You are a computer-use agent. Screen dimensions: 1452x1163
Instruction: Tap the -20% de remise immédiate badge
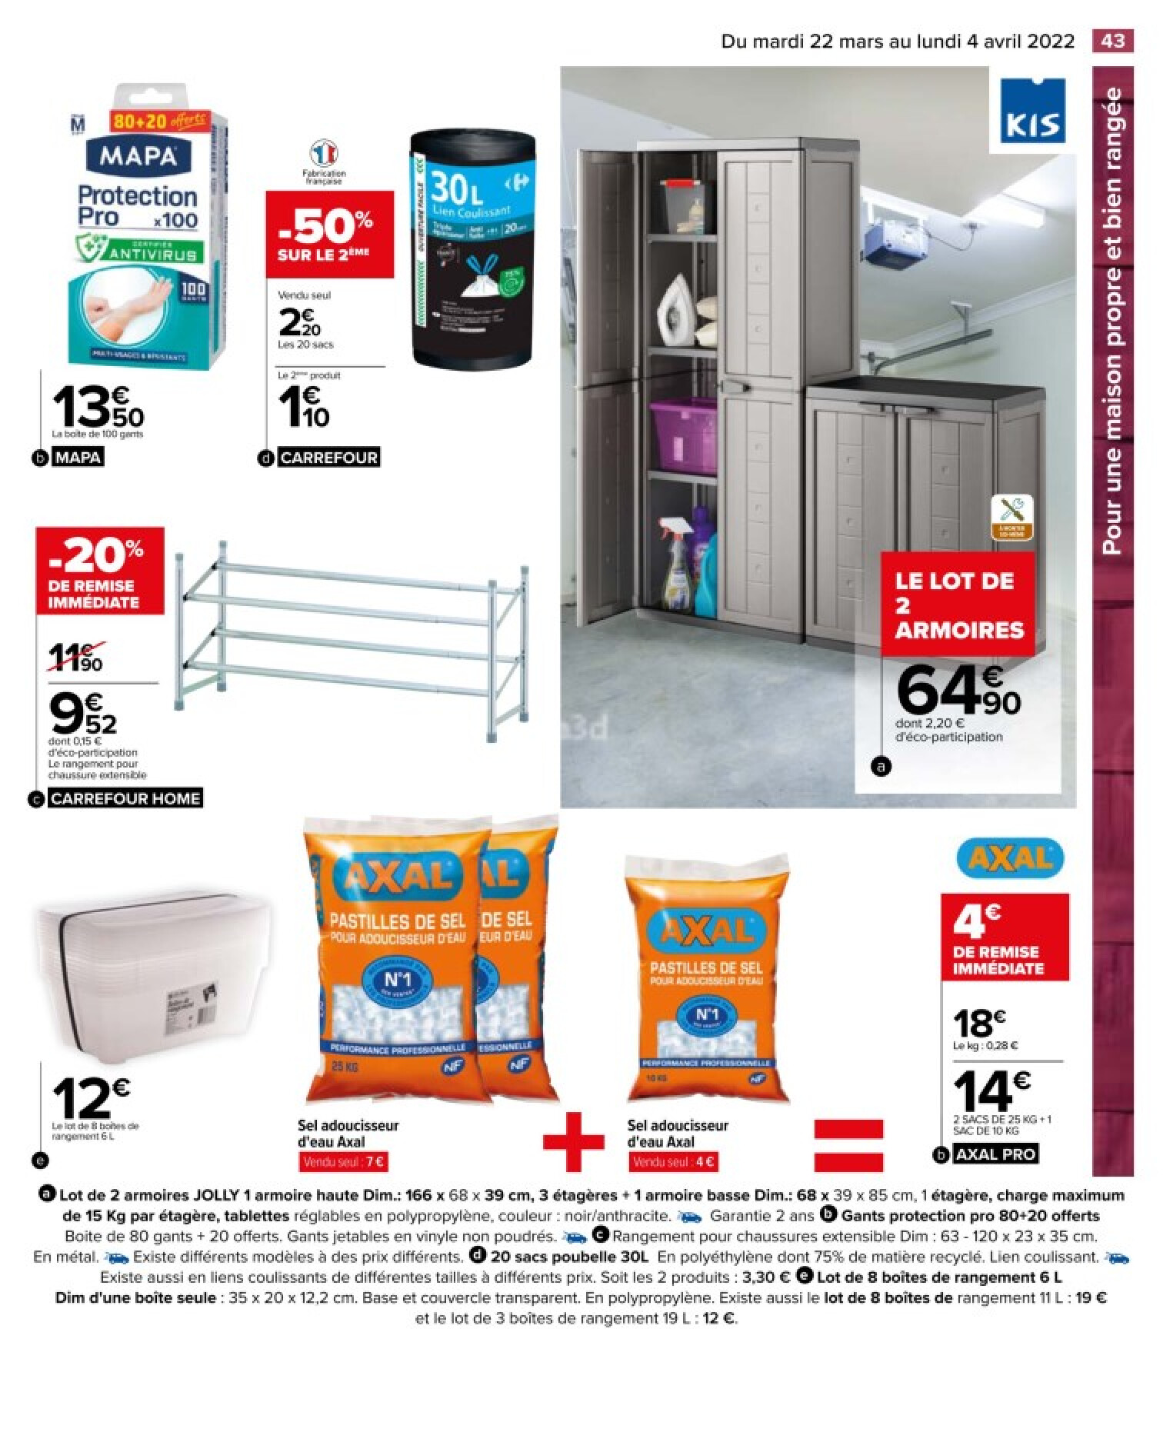(100, 570)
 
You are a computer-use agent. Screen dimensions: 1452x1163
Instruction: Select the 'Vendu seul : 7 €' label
(344, 1162)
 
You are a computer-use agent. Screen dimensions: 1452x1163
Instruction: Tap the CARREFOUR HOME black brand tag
(125, 798)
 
